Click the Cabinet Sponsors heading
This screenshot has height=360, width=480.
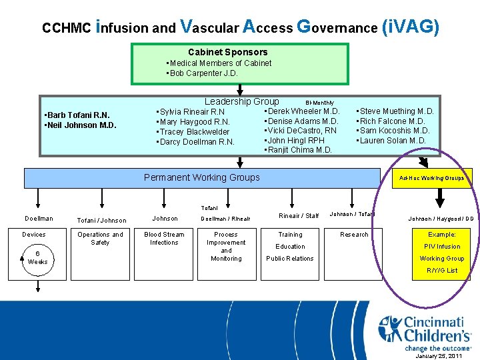click(227, 52)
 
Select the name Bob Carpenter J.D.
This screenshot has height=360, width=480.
click(203, 73)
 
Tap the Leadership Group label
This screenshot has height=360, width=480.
click(241, 101)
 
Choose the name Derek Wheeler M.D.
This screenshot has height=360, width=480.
click(303, 111)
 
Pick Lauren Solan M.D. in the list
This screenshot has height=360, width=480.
click(393, 141)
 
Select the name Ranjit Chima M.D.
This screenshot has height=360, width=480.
click(299, 150)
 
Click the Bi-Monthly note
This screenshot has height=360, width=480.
click(319, 103)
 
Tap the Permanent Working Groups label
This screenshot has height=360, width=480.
click(202, 177)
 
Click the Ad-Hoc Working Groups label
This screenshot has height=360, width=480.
click(431, 178)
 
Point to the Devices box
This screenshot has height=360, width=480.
click(34, 235)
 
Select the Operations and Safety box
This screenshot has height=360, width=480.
click(100, 239)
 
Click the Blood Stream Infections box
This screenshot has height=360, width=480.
click(165, 239)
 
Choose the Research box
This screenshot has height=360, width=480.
click(354, 235)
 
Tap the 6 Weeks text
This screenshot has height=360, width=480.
click(37, 257)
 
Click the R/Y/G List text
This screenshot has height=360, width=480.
click(442, 271)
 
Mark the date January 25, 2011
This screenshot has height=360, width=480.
click(439, 356)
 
